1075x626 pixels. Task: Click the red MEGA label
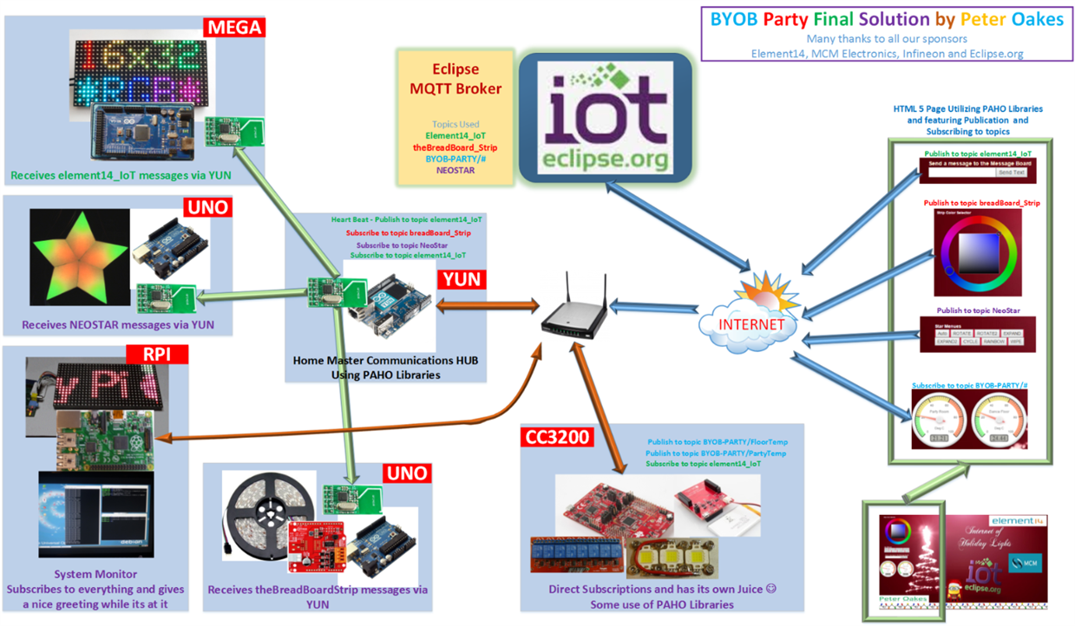tap(233, 28)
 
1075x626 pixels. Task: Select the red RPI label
tap(159, 355)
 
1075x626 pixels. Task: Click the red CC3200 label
tap(557, 436)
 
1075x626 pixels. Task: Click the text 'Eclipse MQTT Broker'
tap(456, 79)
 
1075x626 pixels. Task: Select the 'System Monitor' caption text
tap(95, 574)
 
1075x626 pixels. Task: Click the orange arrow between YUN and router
tap(488, 306)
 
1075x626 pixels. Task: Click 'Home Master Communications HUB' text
tap(385, 361)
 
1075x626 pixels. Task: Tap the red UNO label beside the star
tap(207, 208)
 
